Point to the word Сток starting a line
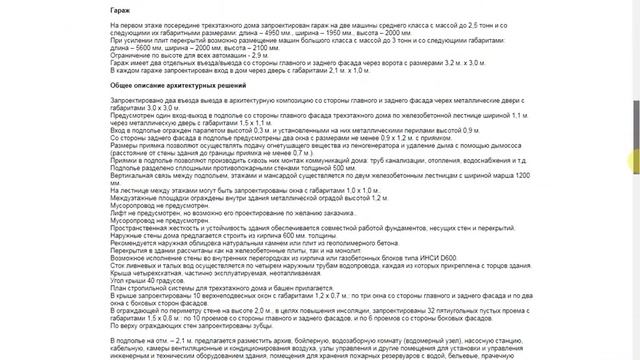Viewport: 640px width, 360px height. [x=119, y=264]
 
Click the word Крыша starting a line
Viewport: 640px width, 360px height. [x=122, y=272]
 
